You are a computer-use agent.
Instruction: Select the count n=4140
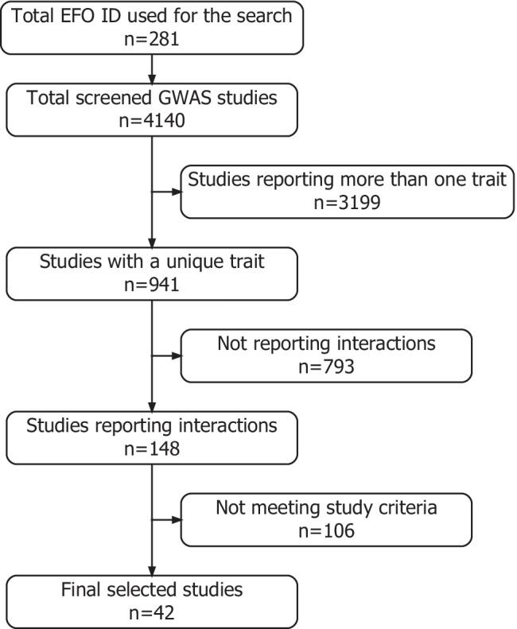152,123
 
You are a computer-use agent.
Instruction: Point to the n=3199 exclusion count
348,203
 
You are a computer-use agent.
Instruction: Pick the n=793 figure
326,367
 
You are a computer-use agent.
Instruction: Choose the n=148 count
152,448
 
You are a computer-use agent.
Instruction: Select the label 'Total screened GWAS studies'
152,99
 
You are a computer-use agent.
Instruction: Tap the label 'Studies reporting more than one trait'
348,179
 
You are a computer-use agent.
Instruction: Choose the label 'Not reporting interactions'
326,344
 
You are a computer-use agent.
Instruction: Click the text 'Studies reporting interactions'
152,425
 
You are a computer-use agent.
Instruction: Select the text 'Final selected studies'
152,589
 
